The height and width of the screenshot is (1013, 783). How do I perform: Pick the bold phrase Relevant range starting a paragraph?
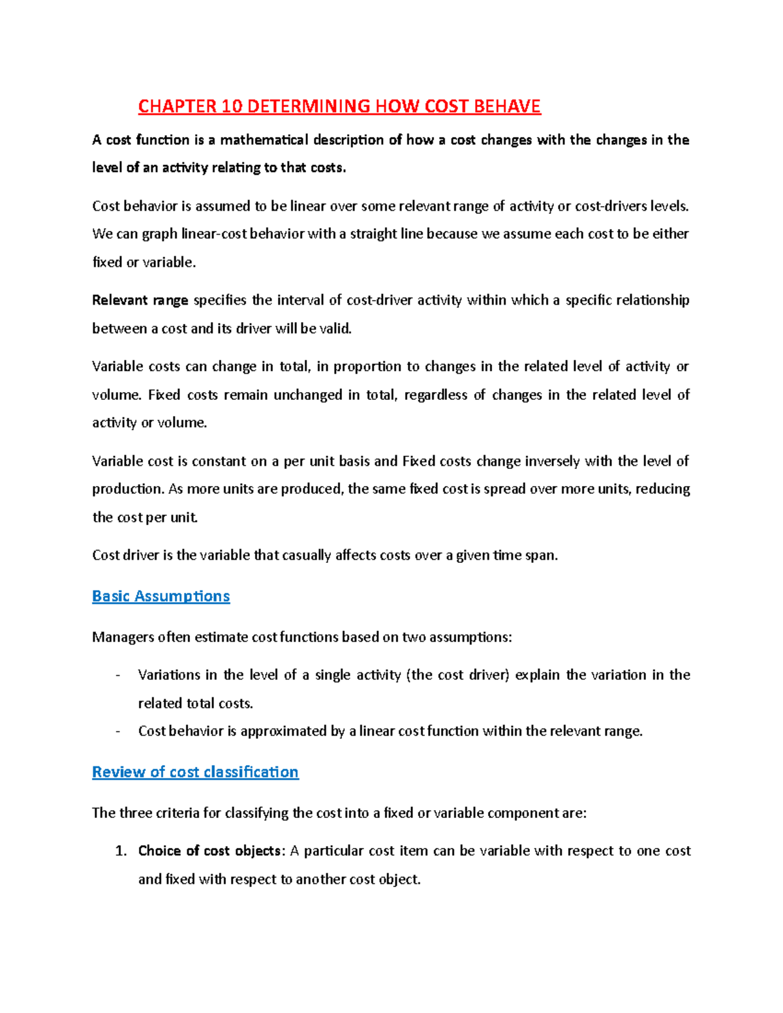tap(140, 300)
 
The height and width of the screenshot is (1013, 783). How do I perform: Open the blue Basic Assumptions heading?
tap(161, 596)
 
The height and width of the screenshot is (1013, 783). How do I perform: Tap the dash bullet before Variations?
tap(117, 675)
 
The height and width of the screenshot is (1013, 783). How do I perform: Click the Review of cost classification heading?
tap(195, 772)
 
